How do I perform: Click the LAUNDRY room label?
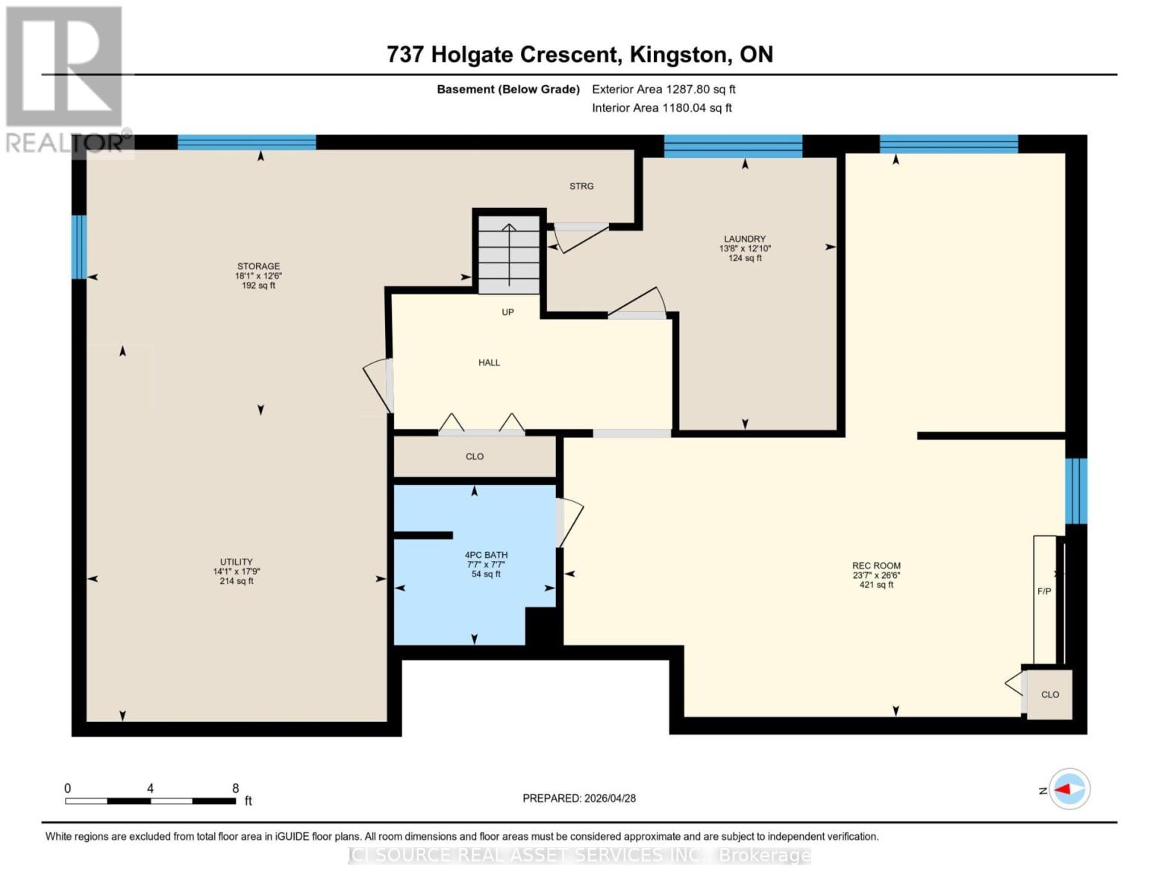coord(745,239)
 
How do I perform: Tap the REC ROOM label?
coord(876,565)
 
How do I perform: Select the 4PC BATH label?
coord(486,555)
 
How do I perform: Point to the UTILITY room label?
coord(237,562)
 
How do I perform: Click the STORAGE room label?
coord(259,266)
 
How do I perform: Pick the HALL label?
coord(489,362)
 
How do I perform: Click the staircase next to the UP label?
coord(509,254)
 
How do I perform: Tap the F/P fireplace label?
coord(1044,591)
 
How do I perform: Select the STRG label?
coord(581,186)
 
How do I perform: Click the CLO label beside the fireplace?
coord(1050,694)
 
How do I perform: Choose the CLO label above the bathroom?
coord(475,456)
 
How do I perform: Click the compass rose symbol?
coord(1069,789)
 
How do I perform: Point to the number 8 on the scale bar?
coord(235,788)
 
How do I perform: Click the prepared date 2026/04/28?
coord(610,798)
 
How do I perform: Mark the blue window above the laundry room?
coord(733,146)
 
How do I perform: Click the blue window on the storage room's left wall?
coord(79,247)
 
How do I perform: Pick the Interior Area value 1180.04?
coord(684,107)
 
